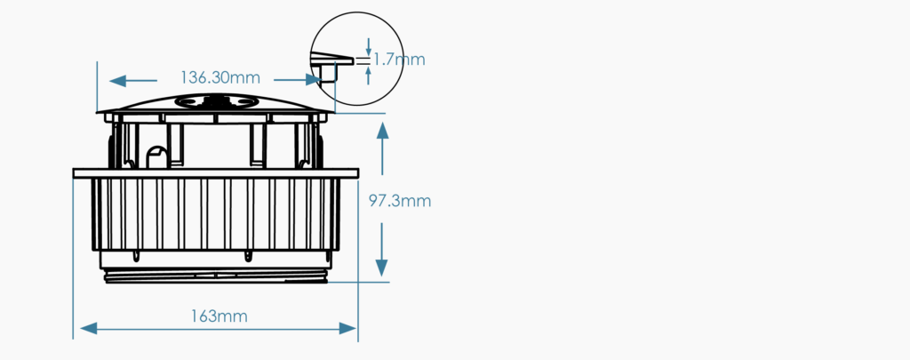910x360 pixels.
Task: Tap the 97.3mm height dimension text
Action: pos(400,201)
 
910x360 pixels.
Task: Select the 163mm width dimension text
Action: pos(219,316)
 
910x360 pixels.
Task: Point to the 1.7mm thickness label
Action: pos(398,60)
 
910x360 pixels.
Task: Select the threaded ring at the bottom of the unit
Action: pos(216,276)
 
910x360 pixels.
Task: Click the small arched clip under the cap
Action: pos(157,156)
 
